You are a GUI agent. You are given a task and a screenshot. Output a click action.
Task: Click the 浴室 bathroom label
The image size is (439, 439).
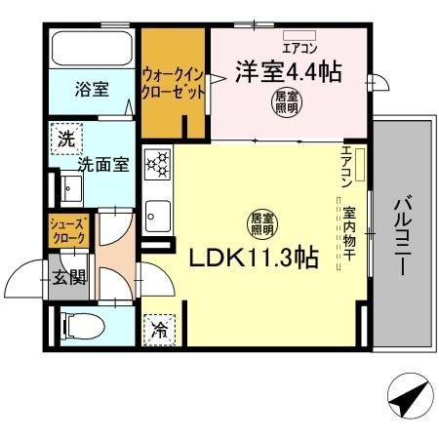coord(92,89)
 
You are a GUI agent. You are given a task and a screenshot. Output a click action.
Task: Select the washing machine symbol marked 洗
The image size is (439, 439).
coord(65,140)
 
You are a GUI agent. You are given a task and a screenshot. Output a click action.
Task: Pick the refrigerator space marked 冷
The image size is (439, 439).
coord(158,330)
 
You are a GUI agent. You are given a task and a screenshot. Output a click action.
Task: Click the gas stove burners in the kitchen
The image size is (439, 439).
coord(158,166)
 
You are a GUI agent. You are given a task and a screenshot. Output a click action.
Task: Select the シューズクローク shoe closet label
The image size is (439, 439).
coord(70,231)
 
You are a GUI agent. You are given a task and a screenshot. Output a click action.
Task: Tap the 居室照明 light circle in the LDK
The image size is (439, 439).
coord(260,222)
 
